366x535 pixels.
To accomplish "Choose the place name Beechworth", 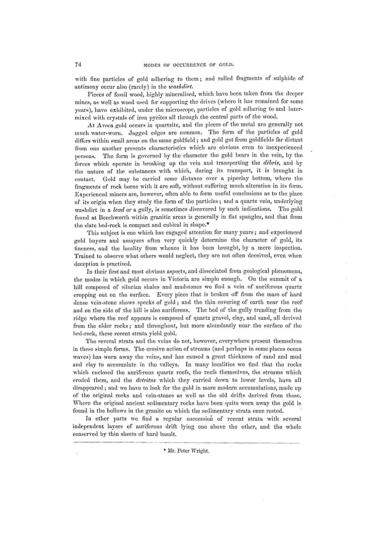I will [104, 218].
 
